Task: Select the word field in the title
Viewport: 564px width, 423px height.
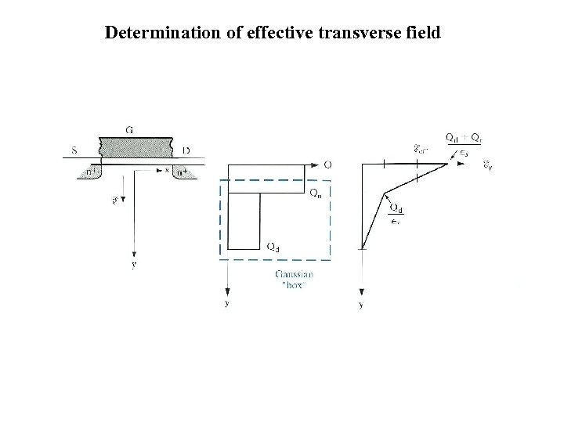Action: click(x=422, y=33)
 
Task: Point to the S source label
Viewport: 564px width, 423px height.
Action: click(x=74, y=150)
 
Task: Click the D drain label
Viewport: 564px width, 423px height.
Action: click(x=186, y=150)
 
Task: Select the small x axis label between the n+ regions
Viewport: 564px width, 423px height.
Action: click(x=167, y=169)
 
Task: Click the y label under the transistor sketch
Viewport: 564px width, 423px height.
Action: click(x=134, y=265)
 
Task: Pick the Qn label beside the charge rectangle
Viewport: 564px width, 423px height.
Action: click(x=314, y=193)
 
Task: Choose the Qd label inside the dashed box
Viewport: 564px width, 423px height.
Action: click(x=273, y=247)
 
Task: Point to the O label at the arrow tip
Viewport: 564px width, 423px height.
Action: click(x=327, y=164)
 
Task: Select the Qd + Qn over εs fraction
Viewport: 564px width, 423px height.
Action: click(x=461, y=145)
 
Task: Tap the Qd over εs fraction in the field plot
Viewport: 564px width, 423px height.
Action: click(x=396, y=215)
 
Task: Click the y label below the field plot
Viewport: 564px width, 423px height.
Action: click(x=360, y=304)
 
